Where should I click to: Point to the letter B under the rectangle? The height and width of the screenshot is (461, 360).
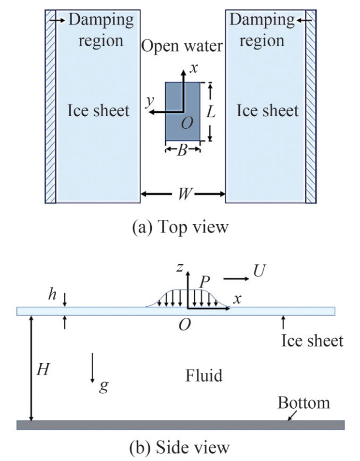click(x=182, y=150)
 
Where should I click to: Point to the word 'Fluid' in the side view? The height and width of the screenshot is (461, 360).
click(x=204, y=376)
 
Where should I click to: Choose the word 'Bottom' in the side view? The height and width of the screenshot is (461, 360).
click(x=303, y=403)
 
